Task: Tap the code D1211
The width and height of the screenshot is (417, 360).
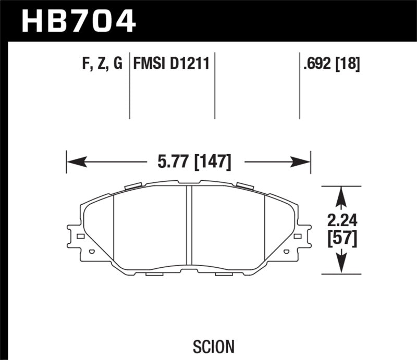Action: click(191, 65)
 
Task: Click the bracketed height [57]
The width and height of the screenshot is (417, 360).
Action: click(341, 238)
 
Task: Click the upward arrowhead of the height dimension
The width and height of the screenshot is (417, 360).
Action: click(341, 194)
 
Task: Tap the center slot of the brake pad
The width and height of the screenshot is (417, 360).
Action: click(189, 227)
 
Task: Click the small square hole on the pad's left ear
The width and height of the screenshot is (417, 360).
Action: click(80, 237)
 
